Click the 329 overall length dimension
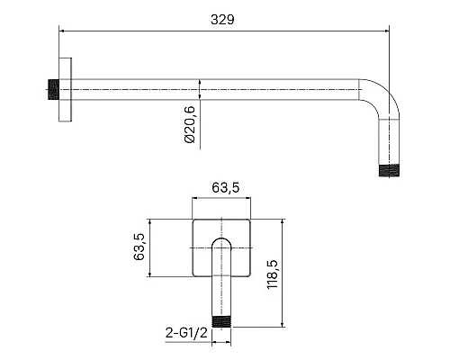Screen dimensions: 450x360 click(x=222, y=20)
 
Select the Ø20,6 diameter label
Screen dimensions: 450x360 click(x=190, y=124)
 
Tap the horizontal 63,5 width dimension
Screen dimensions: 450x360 click(x=226, y=188)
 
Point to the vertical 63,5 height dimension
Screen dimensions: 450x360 click(x=139, y=247)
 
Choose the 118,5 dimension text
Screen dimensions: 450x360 click(x=273, y=274)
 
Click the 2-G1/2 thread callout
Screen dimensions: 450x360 click(x=186, y=333)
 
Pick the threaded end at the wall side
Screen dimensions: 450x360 click(x=53, y=89)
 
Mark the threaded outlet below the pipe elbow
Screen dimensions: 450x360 click(x=389, y=170)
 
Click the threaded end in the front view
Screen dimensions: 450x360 click(x=221, y=321)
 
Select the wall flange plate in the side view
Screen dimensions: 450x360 click(x=65, y=89)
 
